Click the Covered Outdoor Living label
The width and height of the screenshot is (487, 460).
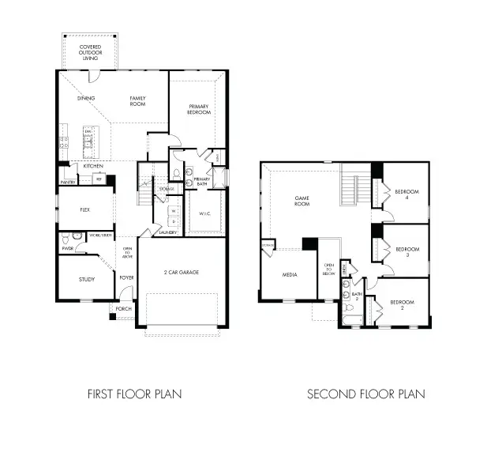click(90, 52)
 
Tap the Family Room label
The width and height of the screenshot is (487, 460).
click(139, 101)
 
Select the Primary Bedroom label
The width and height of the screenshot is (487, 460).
click(199, 109)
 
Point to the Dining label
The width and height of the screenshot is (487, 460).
click(86, 98)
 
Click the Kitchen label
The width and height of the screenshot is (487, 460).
click(93, 166)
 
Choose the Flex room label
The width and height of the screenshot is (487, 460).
click(85, 211)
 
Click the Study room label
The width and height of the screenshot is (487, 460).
click(86, 279)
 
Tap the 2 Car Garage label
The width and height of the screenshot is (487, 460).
click(182, 272)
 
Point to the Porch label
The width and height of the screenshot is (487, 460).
click(123, 308)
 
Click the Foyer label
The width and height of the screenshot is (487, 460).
click(126, 277)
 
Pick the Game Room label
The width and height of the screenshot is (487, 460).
click(302, 201)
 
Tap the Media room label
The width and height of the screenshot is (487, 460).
click(289, 274)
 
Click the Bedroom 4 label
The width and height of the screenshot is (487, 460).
click(406, 194)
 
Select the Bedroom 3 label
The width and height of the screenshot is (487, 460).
click(406, 251)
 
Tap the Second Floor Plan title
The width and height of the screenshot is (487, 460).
click(365, 393)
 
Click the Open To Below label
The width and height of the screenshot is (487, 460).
click(328, 270)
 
